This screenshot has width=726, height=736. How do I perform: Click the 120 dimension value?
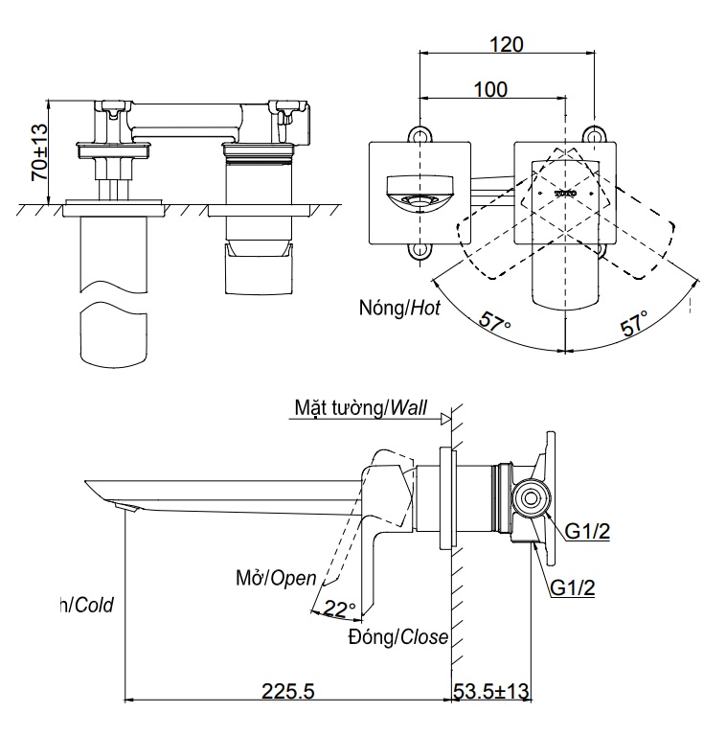507,44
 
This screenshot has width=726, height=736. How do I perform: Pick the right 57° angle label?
634,323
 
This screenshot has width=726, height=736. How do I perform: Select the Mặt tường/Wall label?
361,409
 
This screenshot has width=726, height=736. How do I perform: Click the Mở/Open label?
276,577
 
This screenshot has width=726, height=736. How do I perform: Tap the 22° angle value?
338,608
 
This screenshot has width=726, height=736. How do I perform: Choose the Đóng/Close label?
398,637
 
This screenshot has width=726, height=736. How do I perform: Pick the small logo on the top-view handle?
565,194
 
